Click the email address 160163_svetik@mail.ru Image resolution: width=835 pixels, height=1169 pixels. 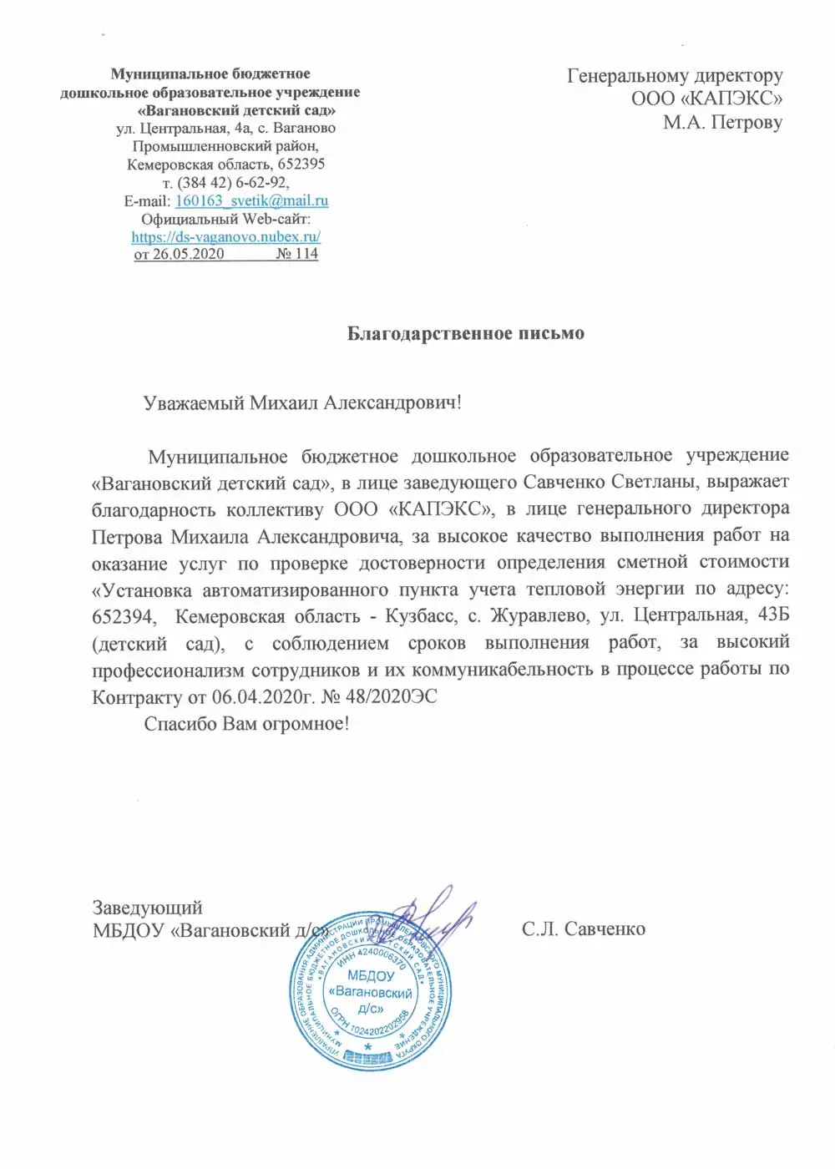coord(251,200)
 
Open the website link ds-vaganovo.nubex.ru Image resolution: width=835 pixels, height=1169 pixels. coord(225,236)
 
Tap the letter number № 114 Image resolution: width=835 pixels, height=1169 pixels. coord(297,254)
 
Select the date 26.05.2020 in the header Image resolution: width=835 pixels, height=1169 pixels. coord(188,254)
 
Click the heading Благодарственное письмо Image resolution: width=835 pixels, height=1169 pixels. coord(465,333)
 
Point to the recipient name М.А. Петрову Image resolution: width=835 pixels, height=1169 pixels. coord(722,123)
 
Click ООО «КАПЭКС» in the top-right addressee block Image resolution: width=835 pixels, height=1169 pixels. coord(706,99)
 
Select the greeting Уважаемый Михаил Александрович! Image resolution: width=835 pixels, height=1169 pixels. coord(302,402)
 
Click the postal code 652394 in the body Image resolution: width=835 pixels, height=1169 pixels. coord(124,616)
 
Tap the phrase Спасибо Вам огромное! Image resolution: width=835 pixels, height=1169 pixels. coord(246,723)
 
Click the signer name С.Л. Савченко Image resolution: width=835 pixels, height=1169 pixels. coord(583,929)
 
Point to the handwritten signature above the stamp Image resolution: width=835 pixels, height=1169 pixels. coord(434,914)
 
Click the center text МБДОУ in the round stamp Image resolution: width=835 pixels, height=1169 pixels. coord(371,975)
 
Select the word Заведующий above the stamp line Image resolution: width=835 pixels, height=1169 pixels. coord(147,908)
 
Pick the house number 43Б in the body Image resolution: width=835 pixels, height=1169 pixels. coord(771,616)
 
